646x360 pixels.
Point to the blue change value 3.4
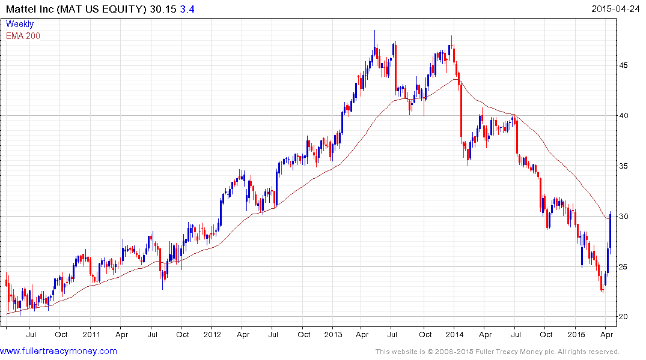pyautogui.click(x=187, y=9)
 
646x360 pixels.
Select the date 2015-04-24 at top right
pyautogui.click(x=615, y=8)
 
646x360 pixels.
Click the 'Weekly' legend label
pyautogui.click(x=20, y=24)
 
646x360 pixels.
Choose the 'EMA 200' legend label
pyautogui.click(x=23, y=36)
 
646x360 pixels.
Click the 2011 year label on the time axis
pyautogui.click(x=91, y=334)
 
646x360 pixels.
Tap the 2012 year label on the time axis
pyautogui.click(x=212, y=334)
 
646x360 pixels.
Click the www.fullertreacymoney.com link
pyautogui.click(x=58, y=351)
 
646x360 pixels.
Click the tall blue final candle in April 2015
pyautogui.click(x=610, y=231)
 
